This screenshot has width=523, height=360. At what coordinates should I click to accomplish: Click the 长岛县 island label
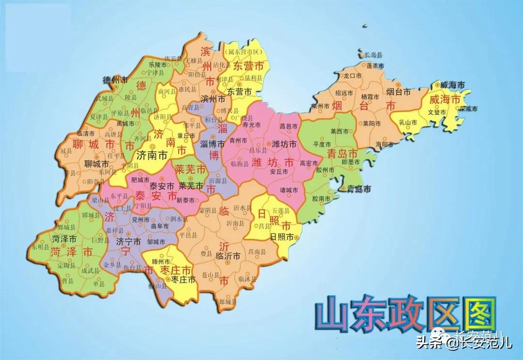pos(373,55)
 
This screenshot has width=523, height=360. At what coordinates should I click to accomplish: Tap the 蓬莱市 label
pos(375,65)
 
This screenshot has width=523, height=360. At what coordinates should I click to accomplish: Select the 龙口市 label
pos(353,76)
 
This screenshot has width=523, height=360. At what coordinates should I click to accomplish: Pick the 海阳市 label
pos(384,144)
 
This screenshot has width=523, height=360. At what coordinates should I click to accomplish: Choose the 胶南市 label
pos(322,199)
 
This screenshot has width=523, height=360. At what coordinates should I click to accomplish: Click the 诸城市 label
pos(289,189)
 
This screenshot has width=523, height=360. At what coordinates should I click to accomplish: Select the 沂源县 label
pos(217,180)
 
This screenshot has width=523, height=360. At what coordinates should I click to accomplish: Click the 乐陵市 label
pos(157,64)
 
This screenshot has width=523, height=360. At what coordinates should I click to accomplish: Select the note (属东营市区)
pos(245,51)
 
